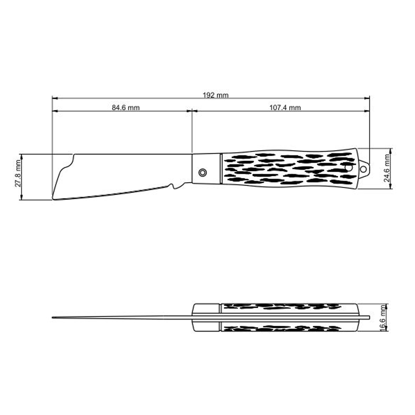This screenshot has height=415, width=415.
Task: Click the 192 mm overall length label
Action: tap(215, 95)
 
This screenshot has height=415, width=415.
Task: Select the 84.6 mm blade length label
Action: tap(125, 107)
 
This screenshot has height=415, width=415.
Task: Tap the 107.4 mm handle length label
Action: tap(285, 107)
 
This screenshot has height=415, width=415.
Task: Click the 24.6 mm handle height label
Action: tap(387, 168)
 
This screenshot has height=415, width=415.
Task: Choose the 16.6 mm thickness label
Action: tap(382, 317)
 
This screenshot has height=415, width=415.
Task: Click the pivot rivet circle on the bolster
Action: tap(203, 173)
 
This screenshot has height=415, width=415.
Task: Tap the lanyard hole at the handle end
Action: tap(364, 169)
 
